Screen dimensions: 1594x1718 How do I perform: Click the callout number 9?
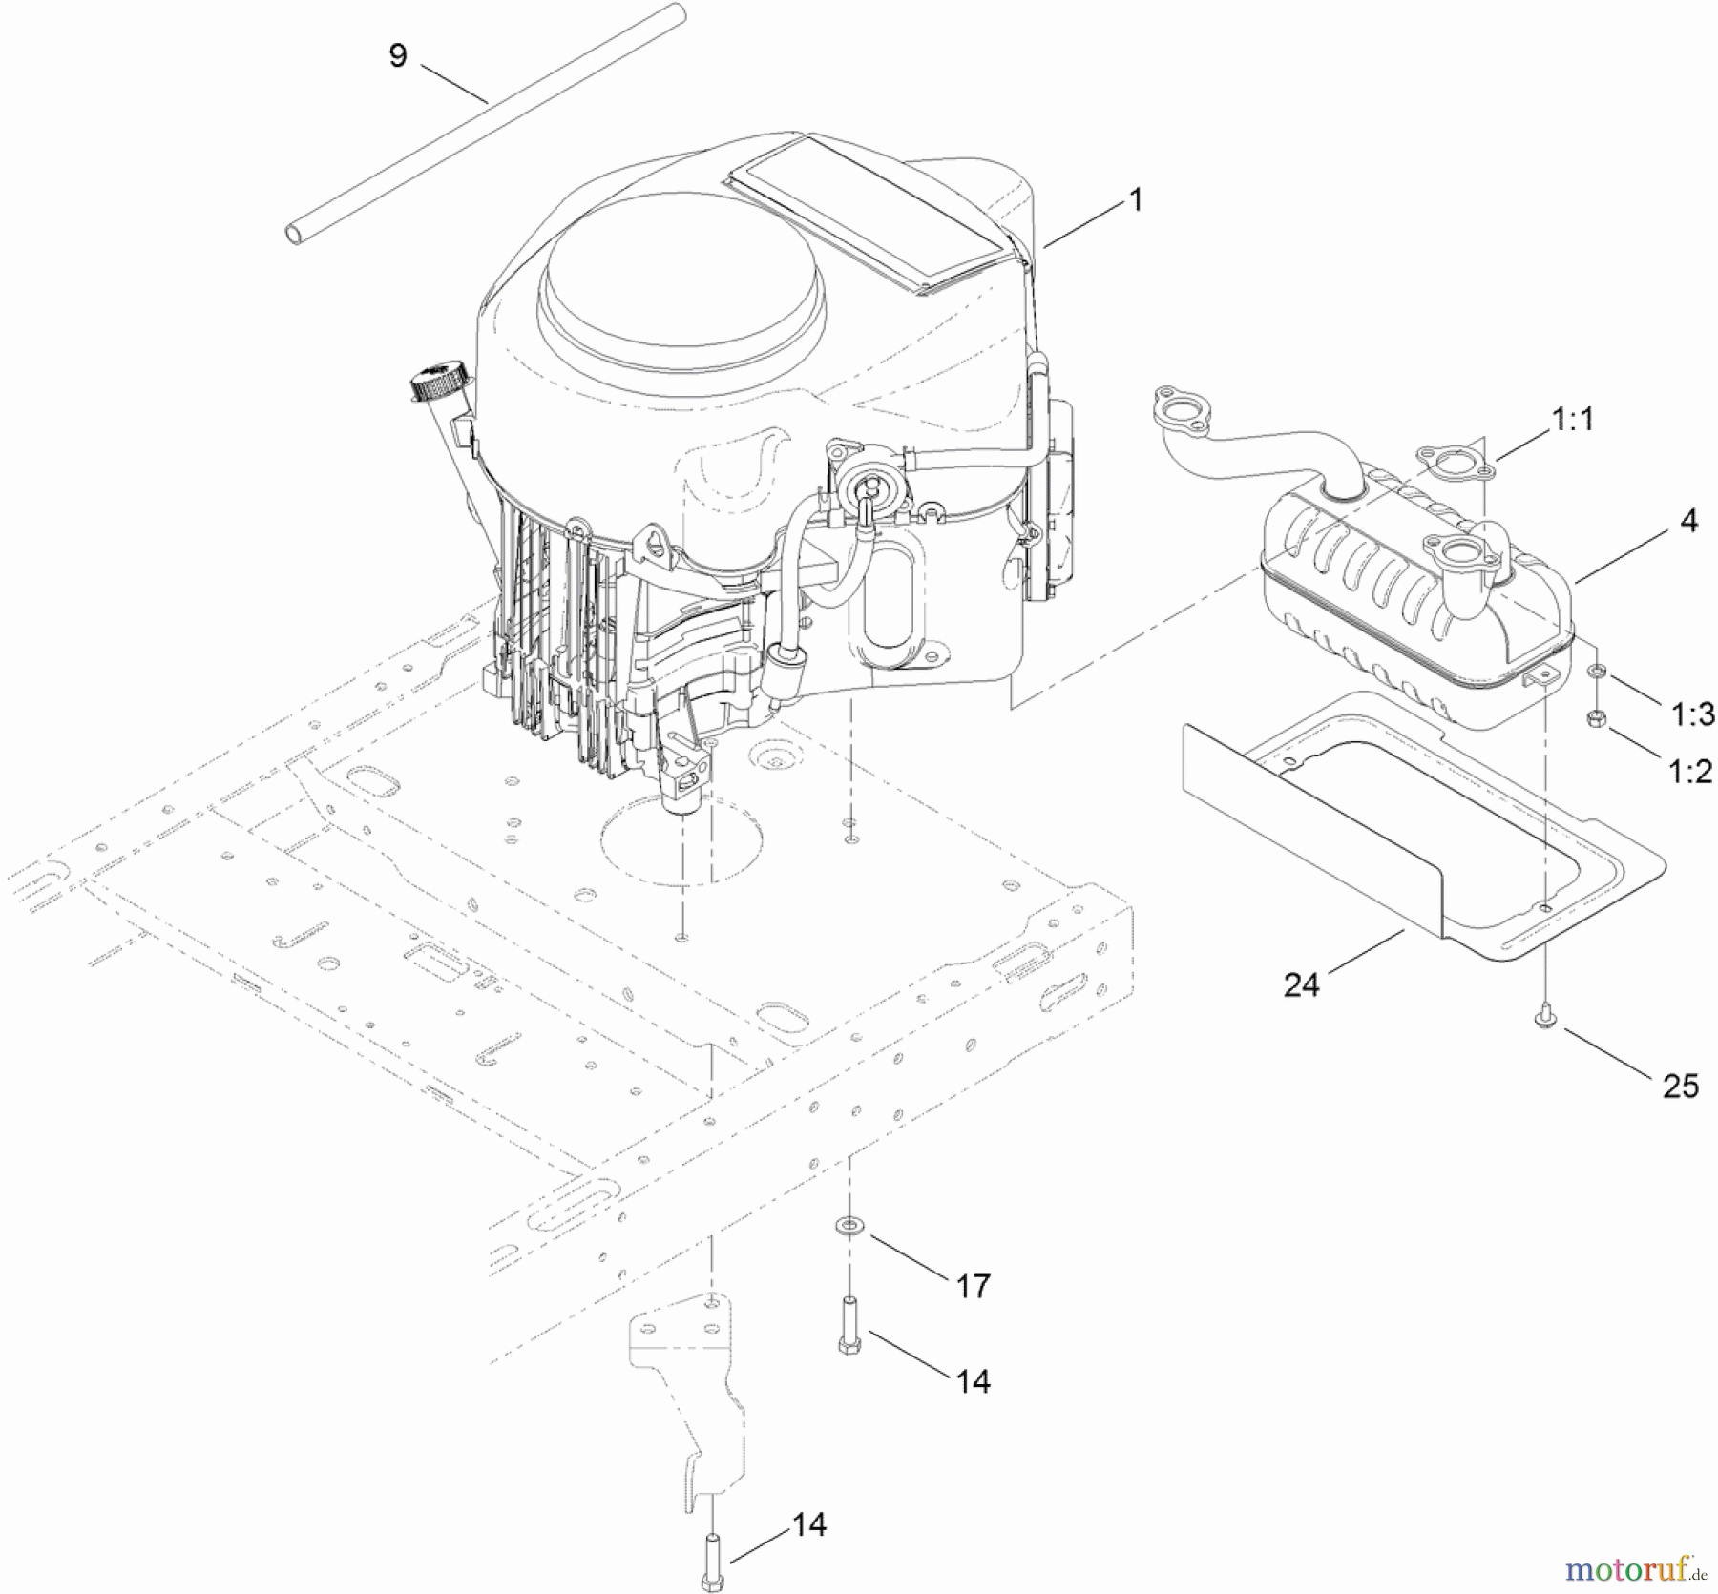(398, 55)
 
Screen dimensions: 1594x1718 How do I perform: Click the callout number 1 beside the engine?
(1135, 199)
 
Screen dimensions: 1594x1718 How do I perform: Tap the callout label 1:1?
(1572, 418)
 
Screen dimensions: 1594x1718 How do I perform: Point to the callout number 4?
(1688, 521)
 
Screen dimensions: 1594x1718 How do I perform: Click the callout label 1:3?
(1692, 713)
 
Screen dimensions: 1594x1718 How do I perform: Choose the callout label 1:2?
(1690, 771)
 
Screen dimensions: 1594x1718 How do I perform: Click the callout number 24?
(1301, 984)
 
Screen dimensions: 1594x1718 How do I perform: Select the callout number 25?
(1680, 1086)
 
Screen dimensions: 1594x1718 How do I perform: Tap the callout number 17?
(973, 1286)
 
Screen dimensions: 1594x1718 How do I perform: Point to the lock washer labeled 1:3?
(1596, 673)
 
